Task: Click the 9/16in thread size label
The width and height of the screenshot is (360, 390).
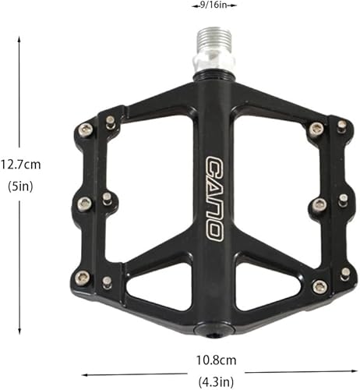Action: click(x=214, y=5)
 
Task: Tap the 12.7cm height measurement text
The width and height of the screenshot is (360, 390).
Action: click(x=21, y=164)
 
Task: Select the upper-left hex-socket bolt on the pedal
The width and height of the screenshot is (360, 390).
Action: click(x=85, y=129)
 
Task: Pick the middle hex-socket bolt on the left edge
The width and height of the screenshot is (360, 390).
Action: click(x=84, y=204)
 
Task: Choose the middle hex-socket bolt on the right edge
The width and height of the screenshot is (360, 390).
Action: click(x=319, y=205)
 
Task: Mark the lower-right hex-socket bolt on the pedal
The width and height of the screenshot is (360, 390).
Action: click(x=319, y=286)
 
